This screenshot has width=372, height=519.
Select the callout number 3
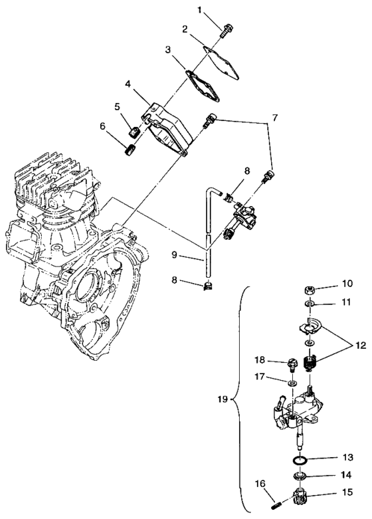tap(169, 50)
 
